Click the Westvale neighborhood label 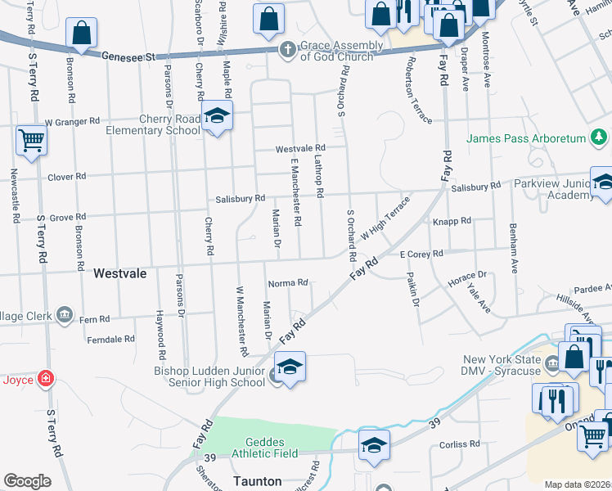120,273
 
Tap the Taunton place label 256,481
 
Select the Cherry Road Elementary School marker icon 218,118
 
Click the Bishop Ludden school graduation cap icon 290,369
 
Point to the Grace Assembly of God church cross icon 288,50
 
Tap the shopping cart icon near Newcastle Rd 31,140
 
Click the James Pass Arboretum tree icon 600,137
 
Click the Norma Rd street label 287,283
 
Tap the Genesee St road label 128,57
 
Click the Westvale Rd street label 300,149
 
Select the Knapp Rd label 452,221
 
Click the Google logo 28,481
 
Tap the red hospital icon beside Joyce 47,379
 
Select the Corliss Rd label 459,445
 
